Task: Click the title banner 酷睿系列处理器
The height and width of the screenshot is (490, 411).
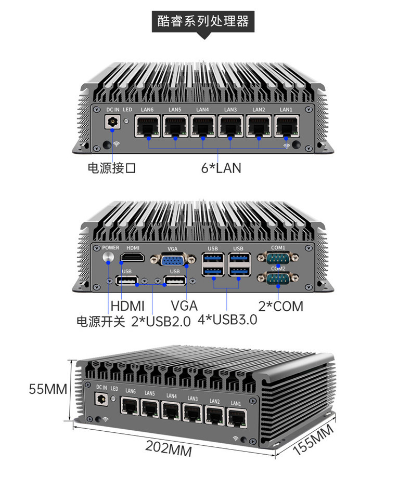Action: [x=203, y=21]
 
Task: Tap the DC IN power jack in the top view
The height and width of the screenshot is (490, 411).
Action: [x=112, y=122]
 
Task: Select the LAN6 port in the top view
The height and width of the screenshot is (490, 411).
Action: [x=148, y=126]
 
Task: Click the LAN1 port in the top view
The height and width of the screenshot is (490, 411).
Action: [x=287, y=126]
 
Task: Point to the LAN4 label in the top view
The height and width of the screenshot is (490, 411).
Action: [x=202, y=110]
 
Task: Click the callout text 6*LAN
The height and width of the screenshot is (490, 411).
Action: [x=221, y=168]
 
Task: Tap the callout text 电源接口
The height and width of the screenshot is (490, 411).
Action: [x=112, y=168]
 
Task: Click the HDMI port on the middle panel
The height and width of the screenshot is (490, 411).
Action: [x=133, y=257]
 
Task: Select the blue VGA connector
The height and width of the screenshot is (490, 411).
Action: [x=172, y=259]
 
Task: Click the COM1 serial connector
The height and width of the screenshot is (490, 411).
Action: [x=278, y=258]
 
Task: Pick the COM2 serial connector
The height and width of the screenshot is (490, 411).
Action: [x=278, y=277]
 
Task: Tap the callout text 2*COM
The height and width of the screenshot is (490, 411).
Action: [x=281, y=306]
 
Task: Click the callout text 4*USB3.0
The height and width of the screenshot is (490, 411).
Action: [x=227, y=320]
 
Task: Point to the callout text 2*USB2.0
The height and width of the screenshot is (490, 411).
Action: [x=161, y=321]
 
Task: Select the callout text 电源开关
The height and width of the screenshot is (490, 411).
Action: [x=101, y=322]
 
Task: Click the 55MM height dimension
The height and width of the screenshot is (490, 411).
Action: [x=48, y=389]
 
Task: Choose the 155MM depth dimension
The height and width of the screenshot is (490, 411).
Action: [x=313, y=440]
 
